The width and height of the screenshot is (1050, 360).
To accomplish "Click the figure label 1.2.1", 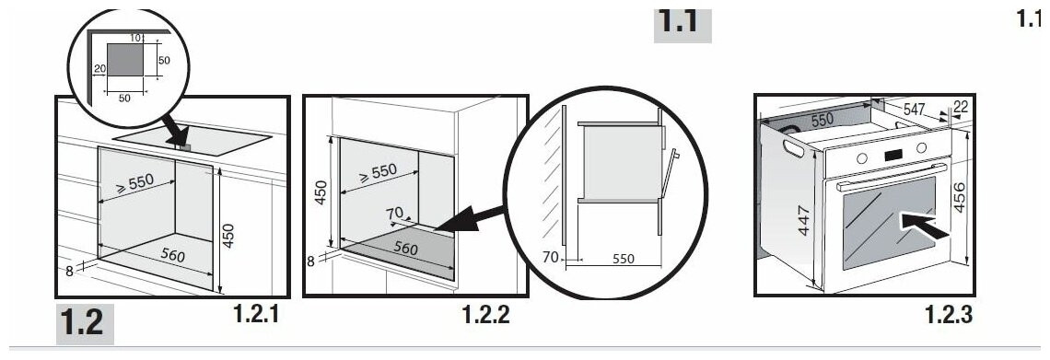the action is coord(256,314).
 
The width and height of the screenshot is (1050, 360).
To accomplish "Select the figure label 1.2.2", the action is coord(486,314).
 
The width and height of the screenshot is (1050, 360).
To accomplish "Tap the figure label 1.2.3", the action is coord(949,314).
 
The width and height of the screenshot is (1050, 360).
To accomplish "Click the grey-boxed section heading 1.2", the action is coord(84,323).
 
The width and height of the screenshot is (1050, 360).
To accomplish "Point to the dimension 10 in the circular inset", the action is coord(135,38).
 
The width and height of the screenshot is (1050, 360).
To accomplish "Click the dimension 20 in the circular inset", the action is coord(100,69).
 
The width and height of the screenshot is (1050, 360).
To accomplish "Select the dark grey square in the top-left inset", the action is coord(125,59).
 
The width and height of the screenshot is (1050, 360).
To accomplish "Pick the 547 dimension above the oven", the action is coord(915,109).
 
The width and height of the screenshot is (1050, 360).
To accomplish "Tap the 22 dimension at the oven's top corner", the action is coord(960,106).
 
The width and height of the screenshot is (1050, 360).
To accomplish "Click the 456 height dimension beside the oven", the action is coord(960,197).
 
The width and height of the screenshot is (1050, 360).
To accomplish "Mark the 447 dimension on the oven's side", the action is coord(804,221).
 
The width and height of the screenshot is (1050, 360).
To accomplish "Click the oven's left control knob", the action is coord(862,158).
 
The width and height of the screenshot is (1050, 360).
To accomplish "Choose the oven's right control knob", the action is coord(921,147).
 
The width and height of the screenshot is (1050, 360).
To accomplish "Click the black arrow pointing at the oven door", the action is coord(926,226).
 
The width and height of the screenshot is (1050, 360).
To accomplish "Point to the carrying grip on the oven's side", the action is coord(794,148).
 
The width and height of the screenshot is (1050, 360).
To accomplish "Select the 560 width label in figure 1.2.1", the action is coord(172,254).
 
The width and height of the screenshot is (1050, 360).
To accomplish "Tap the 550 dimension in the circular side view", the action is coord(623,259).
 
